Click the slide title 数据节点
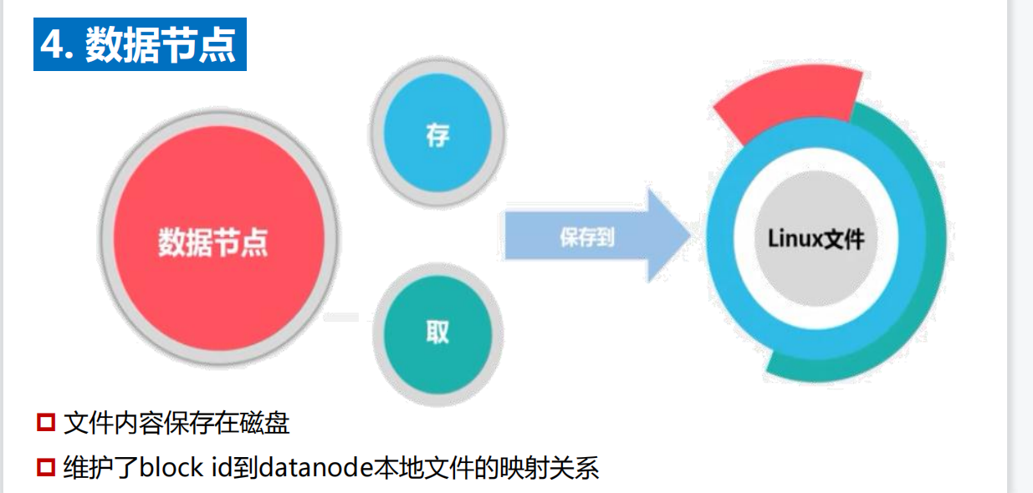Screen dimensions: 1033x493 [x=159, y=44]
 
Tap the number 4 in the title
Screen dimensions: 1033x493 [x=52, y=44]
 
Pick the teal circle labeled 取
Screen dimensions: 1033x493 [x=437, y=333]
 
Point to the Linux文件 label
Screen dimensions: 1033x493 [x=816, y=239]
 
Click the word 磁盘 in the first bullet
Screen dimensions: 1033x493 [x=267, y=424]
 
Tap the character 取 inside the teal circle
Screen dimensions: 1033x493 [x=437, y=333]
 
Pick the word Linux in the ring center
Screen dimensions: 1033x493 [x=794, y=239]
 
